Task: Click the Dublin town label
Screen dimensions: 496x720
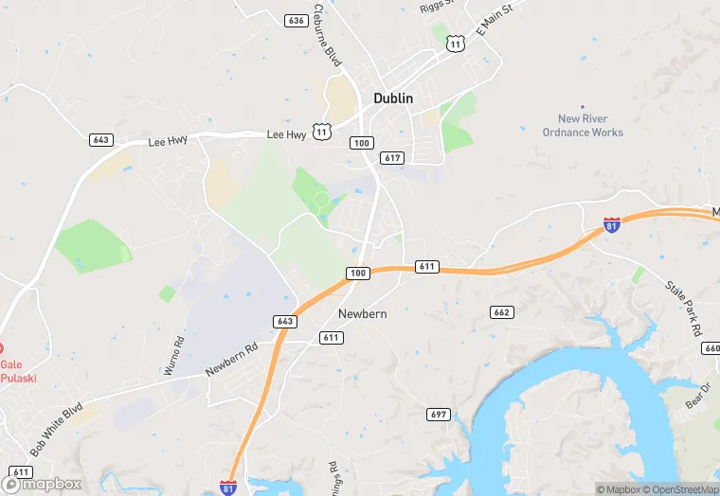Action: [393, 97]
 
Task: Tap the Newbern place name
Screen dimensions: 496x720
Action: [362, 314]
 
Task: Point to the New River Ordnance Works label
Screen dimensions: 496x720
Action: [583, 126]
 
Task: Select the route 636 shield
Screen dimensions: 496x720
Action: [297, 20]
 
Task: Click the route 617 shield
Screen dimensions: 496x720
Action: [392, 157]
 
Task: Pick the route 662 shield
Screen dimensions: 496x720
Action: [502, 312]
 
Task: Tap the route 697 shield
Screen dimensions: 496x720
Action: [438, 415]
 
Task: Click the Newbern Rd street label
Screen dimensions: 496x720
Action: [233, 362]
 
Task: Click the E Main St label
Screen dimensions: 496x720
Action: [494, 19]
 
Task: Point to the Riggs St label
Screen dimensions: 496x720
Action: [437, 6]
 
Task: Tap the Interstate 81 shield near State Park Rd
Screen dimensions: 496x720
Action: [612, 225]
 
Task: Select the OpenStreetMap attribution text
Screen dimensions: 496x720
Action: [679, 489]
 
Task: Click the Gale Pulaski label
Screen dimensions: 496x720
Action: [13, 371]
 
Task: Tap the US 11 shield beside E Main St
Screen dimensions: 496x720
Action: [456, 44]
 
